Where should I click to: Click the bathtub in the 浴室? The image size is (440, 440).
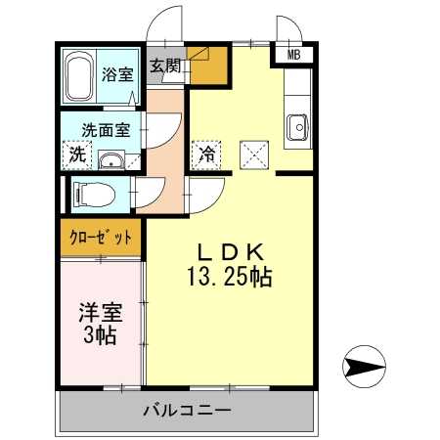80,77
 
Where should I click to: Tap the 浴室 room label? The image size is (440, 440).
117,74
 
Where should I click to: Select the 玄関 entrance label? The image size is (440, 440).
165,66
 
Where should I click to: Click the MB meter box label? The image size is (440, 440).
293,55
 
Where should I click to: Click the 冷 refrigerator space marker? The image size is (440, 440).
207,154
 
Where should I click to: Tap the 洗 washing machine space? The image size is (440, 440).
77,154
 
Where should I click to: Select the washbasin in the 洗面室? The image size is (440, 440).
111,160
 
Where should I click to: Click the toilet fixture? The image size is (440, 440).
95,195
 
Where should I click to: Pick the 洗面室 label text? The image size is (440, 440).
106,130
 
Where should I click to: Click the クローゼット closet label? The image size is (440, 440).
101,238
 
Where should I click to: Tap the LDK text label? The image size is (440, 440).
230,252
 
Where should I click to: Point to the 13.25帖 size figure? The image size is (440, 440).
230,278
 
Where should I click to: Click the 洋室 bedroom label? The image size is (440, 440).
101,312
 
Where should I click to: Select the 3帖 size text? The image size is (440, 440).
100,335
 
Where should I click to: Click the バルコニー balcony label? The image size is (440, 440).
187,410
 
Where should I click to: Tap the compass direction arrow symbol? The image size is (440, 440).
364,367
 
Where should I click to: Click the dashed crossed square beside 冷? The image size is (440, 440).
254,155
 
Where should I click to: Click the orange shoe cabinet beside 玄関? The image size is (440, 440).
208,66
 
